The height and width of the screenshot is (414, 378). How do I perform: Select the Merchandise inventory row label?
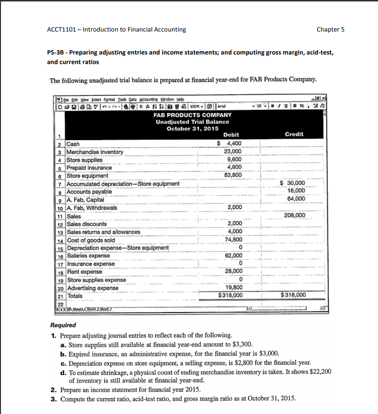[94, 152]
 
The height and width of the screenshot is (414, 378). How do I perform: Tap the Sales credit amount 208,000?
[294, 216]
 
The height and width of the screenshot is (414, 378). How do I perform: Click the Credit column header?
[294, 134]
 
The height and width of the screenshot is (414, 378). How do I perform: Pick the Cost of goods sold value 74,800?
[233, 240]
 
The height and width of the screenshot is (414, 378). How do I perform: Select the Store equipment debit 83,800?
[233, 175]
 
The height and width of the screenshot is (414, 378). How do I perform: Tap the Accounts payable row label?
[89, 192]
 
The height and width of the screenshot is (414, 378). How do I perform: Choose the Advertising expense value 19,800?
[233, 287]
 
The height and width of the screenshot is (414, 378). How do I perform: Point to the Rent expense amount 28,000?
[233, 271]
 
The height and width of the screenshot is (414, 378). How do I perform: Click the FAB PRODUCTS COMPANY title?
[192, 115]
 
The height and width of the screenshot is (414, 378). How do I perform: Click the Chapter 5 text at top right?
[330, 30]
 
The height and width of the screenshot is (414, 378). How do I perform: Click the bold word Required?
[63, 325]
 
